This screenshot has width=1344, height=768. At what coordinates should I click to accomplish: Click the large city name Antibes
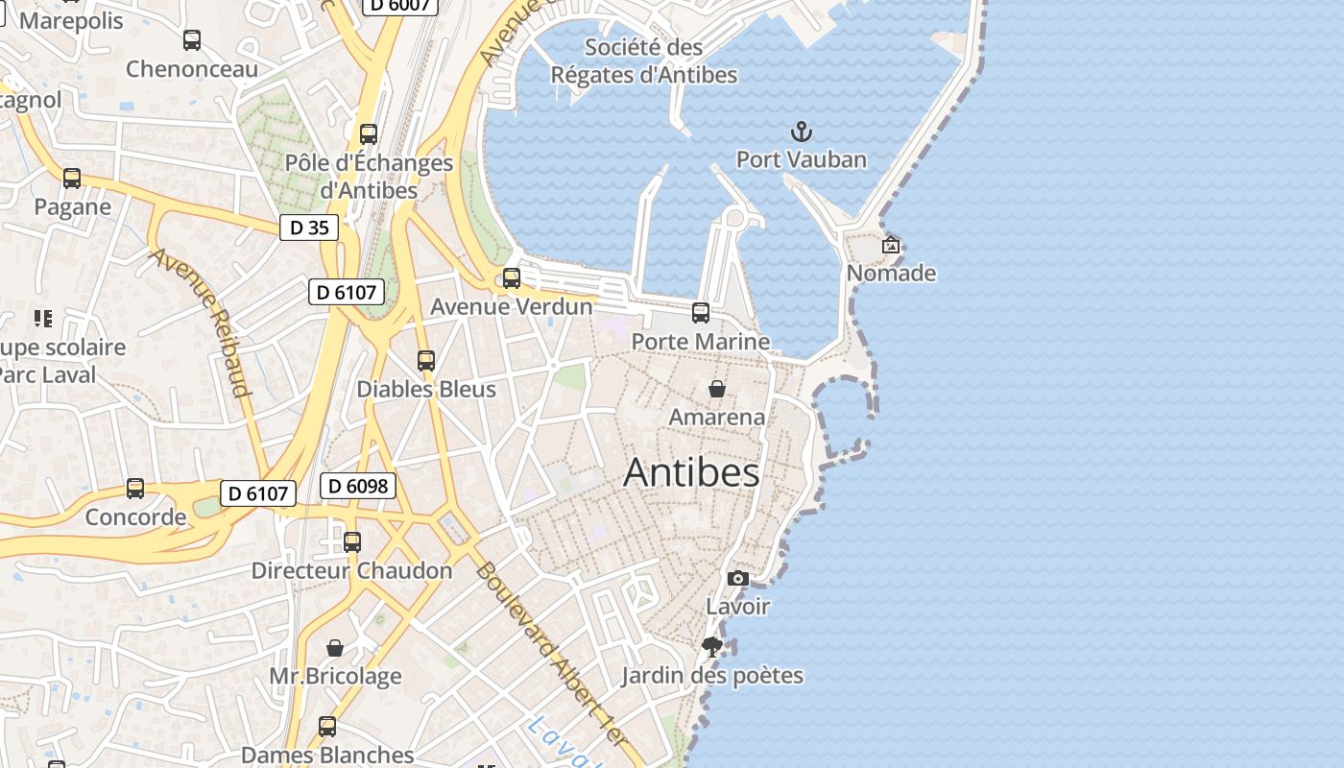pos(691,472)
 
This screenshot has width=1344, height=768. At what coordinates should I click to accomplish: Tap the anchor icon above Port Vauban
pos(801,132)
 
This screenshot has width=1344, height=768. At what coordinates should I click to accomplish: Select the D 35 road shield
pos(309,228)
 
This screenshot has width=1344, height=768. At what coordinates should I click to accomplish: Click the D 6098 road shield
pos(358,486)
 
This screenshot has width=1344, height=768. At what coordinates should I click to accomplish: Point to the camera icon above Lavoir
pos(737,578)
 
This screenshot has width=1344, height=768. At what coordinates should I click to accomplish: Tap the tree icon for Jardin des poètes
pos(711,647)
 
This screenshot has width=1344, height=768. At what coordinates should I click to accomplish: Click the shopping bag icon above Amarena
pos(716,389)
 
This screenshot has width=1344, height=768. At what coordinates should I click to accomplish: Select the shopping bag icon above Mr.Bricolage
pos(335,648)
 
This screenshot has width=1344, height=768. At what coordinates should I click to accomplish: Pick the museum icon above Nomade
pos(891,245)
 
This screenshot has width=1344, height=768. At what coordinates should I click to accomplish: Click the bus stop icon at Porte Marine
pos(701,313)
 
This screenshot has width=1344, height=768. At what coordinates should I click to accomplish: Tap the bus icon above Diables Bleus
pos(426,361)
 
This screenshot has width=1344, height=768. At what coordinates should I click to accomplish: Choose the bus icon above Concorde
pos(135,489)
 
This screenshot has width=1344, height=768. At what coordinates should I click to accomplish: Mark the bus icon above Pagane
pos(72,179)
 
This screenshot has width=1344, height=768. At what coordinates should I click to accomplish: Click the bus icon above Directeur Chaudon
pos(352,542)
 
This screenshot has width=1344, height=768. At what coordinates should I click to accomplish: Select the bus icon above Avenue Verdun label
pos(512,278)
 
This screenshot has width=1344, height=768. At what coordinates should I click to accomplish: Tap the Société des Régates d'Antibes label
pos(644,60)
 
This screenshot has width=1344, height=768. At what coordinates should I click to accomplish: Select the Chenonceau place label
pos(192,69)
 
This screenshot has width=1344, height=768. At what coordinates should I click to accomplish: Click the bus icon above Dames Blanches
pos(327,727)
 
